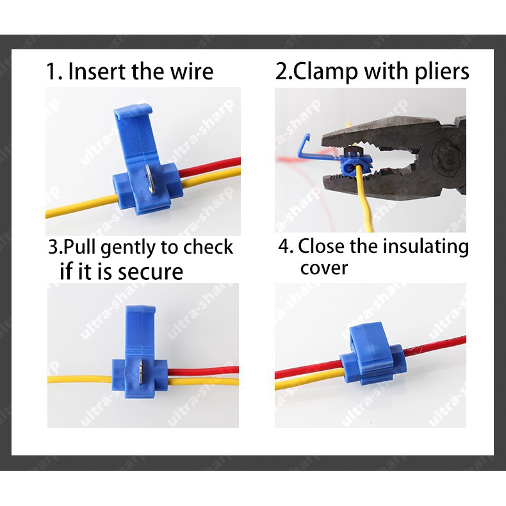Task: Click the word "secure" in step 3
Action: (151, 272)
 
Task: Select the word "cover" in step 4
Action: (323, 268)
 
